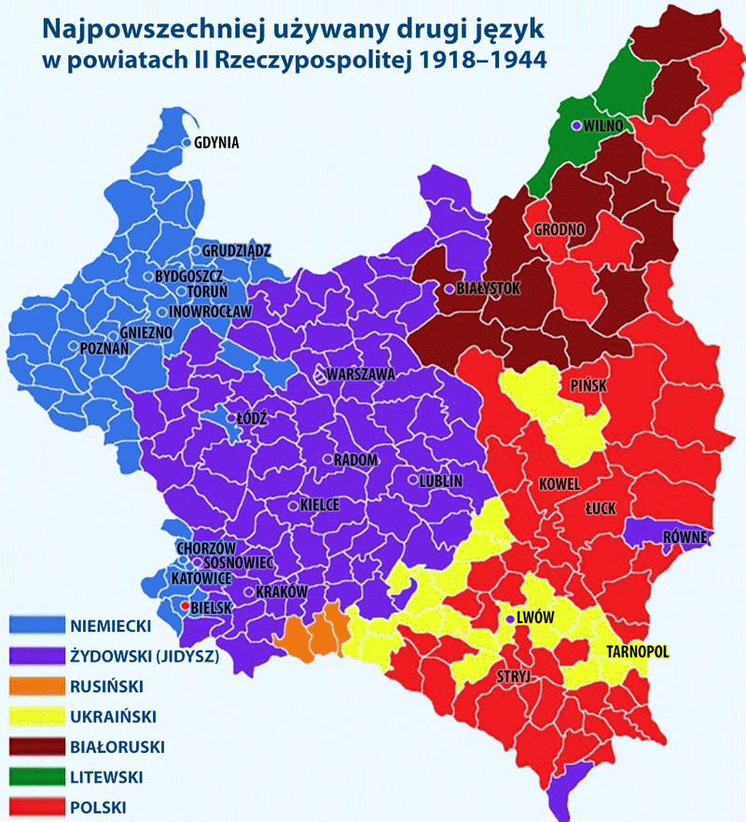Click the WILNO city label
(602, 126)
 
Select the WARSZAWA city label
(361, 374)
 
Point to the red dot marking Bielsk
(185, 606)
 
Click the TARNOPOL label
(639, 650)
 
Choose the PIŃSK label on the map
(589, 384)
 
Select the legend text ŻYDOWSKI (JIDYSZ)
(144, 656)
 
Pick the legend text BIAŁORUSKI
(117, 745)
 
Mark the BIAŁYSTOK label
(488, 288)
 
